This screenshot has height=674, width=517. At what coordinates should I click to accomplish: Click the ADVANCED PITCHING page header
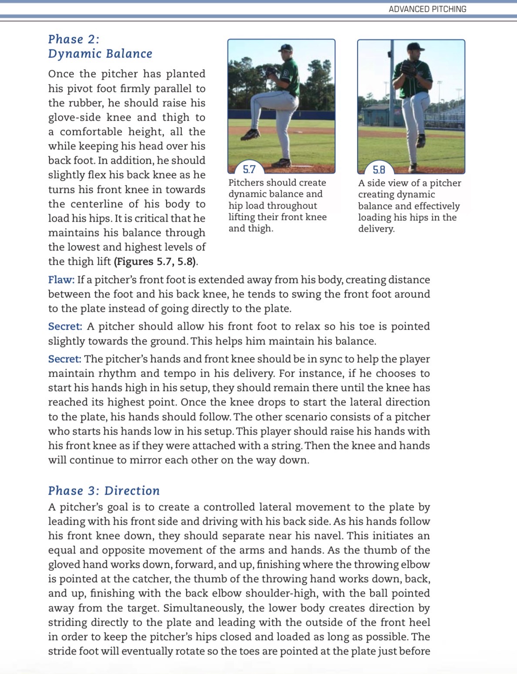click(427, 9)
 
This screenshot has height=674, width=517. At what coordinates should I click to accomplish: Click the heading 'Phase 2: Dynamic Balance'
click(100, 46)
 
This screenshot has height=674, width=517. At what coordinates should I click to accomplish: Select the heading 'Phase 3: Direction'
click(104, 491)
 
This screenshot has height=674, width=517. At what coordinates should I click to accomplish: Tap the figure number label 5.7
click(249, 169)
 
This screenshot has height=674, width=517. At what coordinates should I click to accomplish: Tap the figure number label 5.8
click(379, 170)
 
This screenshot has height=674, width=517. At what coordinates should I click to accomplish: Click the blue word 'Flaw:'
click(61, 280)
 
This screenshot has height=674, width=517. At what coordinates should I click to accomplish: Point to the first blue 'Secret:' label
click(65, 326)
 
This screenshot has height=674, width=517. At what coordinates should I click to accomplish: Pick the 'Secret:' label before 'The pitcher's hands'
click(64, 359)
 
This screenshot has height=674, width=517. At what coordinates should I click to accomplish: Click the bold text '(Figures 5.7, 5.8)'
click(156, 261)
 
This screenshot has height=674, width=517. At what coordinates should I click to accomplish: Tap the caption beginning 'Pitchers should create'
click(277, 205)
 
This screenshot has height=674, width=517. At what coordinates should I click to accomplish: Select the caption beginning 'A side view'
click(409, 206)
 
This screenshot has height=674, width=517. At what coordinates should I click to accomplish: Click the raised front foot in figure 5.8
click(420, 140)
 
